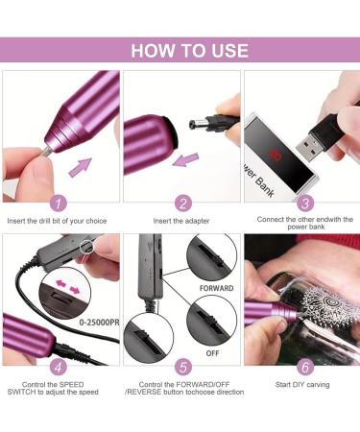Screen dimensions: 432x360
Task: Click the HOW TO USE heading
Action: [x=189, y=51]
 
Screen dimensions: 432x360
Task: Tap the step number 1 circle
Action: [x=60, y=203]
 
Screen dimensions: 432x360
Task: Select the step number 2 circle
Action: [x=181, y=203]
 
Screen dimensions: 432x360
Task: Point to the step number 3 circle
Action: [x=305, y=203]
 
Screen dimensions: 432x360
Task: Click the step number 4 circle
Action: [x=60, y=366]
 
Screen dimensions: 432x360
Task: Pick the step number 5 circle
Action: [x=181, y=366]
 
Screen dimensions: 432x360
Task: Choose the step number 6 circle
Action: [x=305, y=366]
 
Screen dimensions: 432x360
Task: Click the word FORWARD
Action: [x=216, y=287]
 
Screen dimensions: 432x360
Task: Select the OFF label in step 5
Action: [x=212, y=352]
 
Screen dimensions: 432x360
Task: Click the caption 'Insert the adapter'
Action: [x=181, y=221]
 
